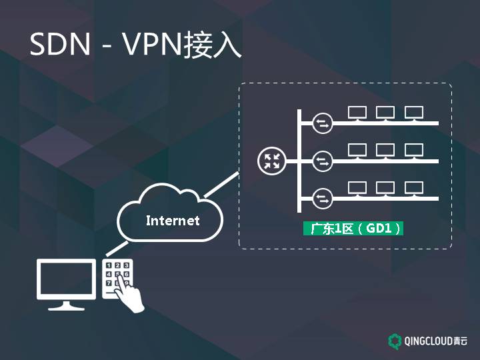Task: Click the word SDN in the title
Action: pos(60,44)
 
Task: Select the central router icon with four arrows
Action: pos(271,161)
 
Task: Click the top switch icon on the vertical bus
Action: pos(323,123)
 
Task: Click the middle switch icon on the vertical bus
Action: pos(323,161)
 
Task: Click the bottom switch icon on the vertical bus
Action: pos(323,198)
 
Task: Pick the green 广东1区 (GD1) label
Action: pos(354,229)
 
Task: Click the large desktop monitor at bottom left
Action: pos(66,284)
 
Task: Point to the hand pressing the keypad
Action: pos(133,293)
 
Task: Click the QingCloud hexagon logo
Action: pos(395,341)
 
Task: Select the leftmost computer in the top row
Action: pos(357,113)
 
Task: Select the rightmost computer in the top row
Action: pos(413,113)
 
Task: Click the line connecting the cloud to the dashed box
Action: pos(221,185)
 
